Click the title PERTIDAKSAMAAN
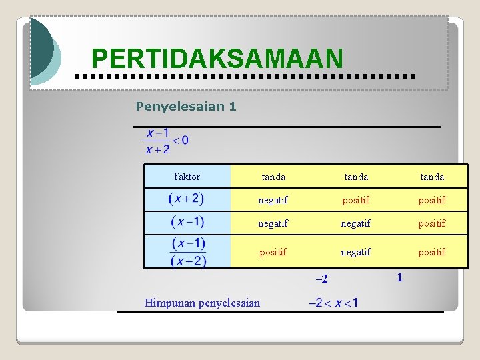[217, 59]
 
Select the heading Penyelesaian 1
[185, 106]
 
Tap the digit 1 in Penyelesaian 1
[232, 106]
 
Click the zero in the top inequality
[184, 140]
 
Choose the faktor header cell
[187, 177]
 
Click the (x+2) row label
[187, 199]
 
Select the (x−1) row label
[187, 222]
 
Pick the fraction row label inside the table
[187, 252]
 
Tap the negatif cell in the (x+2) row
[273, 200]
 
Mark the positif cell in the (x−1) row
[432, 223]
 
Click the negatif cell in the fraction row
[356, 252]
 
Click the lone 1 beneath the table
[399, 277]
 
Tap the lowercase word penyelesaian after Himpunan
[229, 303]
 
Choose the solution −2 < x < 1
[333, 303]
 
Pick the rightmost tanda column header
[432, 177]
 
